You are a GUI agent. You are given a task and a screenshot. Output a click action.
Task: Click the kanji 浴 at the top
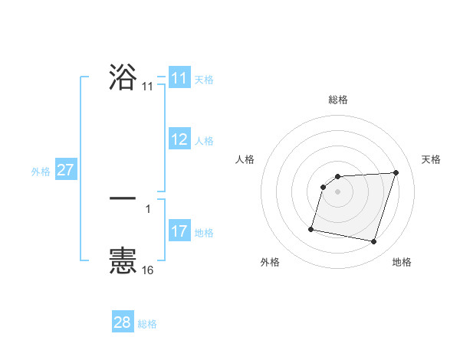coord(123,77)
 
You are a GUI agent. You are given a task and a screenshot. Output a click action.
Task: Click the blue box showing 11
coord(179,78)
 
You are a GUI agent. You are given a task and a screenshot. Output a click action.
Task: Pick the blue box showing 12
coord(179,139)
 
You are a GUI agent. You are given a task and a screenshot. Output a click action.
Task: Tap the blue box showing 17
coord(179,231)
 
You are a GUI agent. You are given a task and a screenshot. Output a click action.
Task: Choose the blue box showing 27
coord(65,170)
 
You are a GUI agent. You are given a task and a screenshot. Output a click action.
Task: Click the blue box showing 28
coord(123,322)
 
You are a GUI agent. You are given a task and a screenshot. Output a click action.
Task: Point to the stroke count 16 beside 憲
coord(148,270)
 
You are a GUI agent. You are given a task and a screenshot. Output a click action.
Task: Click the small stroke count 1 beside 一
coord(148,208)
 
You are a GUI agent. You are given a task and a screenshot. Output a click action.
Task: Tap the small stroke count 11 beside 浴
coord(148,87)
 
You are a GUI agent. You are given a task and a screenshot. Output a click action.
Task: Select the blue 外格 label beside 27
coord(41,172)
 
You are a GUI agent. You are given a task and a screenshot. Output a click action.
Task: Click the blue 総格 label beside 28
coord(147,324)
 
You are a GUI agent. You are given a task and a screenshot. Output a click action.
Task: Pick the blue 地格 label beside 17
coord(204,233)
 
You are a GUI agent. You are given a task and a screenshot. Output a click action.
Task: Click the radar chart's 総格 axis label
coord(338,100)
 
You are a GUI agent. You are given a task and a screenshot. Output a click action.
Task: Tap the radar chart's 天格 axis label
coord(431,159)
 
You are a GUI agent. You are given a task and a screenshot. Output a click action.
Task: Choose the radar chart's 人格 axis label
coord(245,159)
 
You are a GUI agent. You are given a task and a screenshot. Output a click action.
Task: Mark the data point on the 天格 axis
coord(396,173)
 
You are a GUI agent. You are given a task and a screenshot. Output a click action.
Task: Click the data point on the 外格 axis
coord(311,228)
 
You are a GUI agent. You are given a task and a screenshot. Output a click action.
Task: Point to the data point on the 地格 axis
coord(374,242)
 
